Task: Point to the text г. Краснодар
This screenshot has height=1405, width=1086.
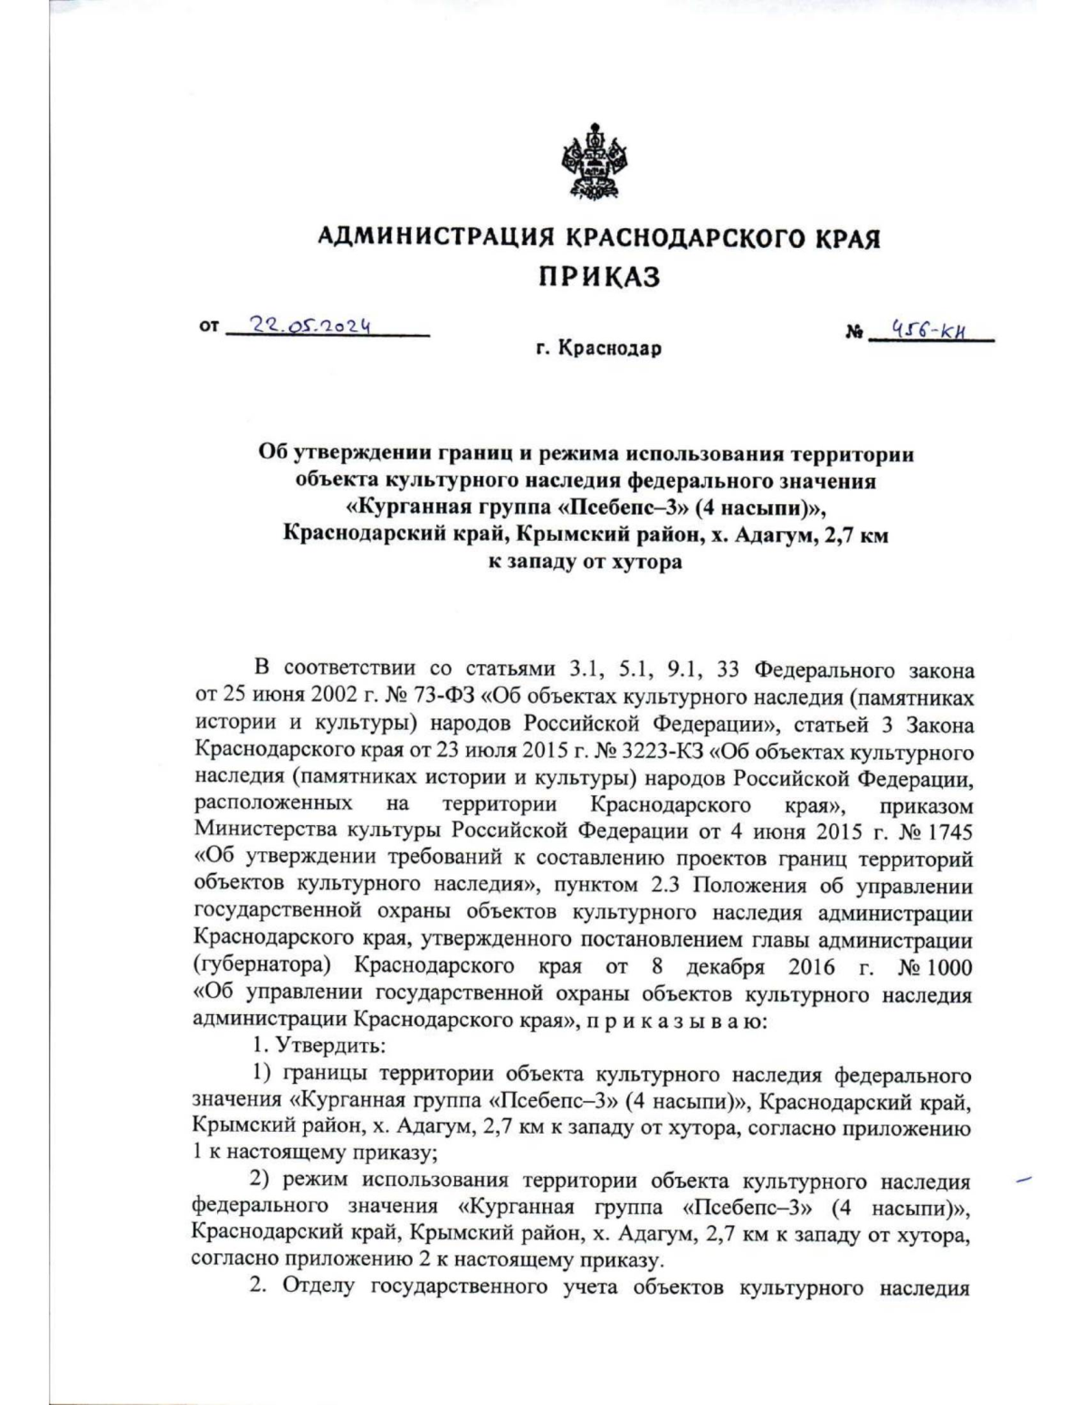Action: coord(598,348)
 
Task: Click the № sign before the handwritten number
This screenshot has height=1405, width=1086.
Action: coord(853,334)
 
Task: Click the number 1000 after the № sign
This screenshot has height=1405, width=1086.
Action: coord(949,967)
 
